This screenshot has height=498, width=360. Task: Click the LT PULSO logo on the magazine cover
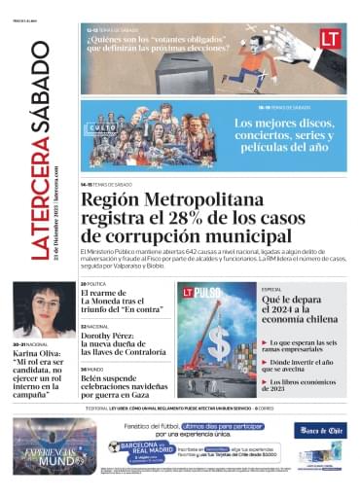coord(200,291)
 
